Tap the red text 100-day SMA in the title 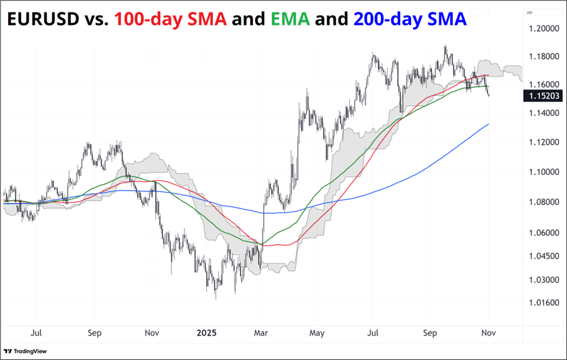pyautogui.click(x=171, y=20)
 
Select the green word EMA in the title pyautogui.click(x=290, y=20)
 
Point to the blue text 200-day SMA pyautogui.click(x=410, y=20)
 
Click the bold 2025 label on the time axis pyautogui.click(x=208, y=333)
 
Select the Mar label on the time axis pyautogui.click(x=261, y=333)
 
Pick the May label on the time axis pyautogui.click(x=317, y=333)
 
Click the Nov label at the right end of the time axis pyautogui.click(x=488, y=333)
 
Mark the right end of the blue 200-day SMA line pyautogui.click(x=488, y=124)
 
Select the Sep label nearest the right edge pyautogui.click(x=430, y=333)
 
